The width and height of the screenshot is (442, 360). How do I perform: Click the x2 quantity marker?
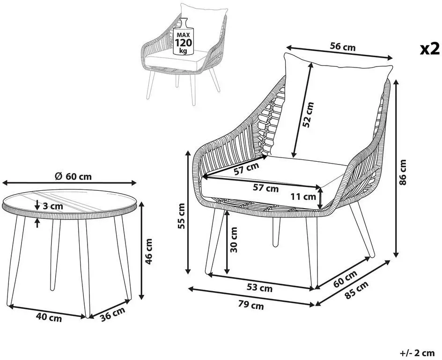click(x=430, y=49)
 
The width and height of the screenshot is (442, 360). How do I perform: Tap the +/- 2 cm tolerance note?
click(x=417, y=352)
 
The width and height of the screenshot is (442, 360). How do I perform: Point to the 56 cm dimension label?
click(x=343, y=47)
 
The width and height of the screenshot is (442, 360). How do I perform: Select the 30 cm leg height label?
click(x=234, y=240)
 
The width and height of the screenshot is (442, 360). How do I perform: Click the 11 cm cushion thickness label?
click(x=303, y=197)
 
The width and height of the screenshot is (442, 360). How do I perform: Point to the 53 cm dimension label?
click(x=259, y=288)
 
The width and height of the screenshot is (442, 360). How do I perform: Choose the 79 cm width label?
click(x=251, y=305)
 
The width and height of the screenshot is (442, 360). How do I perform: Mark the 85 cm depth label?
click(x=356, y=290)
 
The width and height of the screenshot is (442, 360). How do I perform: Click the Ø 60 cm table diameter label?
click(x=74, y=177)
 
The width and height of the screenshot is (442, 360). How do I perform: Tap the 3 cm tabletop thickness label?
click(x=53, y=206)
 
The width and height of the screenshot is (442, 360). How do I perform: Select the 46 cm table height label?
click(x=148, y=251)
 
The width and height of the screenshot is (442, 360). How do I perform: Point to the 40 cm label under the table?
click(x=49, y=318)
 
